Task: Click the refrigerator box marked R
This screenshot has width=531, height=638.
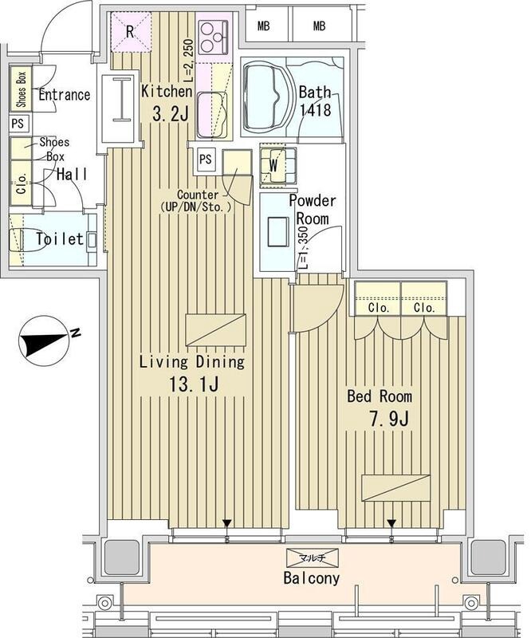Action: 129,31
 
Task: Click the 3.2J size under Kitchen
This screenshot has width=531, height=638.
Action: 170,115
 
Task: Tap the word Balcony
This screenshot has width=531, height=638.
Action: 312,578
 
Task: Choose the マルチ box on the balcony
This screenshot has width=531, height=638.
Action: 312,557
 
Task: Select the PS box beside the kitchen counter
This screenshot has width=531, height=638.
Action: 206,159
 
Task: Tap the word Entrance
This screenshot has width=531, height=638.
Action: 64,95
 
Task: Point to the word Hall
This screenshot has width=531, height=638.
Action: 70,175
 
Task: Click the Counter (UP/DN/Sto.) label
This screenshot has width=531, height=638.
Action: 204,201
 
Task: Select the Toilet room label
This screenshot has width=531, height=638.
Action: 59,238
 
